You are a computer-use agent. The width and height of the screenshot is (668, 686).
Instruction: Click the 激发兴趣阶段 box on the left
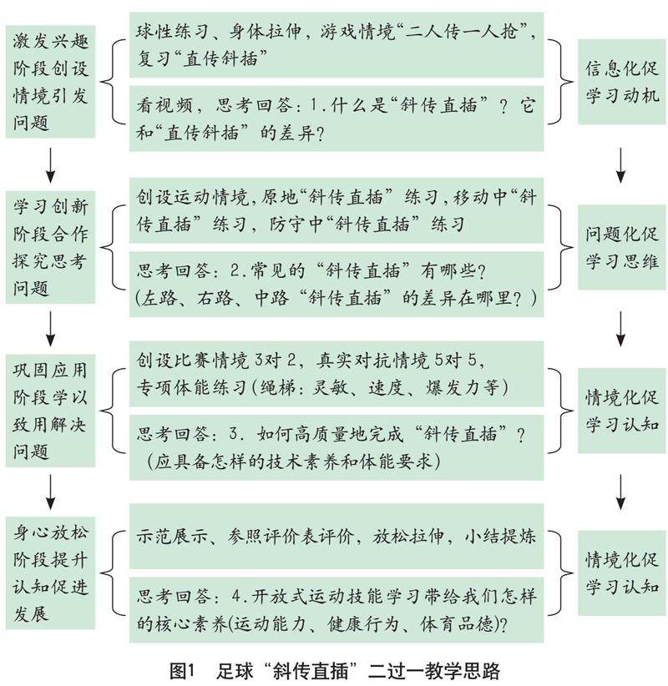point(50,79)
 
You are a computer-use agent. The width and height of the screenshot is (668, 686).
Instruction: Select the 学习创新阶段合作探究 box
point(50,246)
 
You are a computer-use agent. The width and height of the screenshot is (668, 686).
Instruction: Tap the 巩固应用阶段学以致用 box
point(50,409)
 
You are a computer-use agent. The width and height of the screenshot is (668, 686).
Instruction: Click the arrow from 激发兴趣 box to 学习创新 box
point(50,164)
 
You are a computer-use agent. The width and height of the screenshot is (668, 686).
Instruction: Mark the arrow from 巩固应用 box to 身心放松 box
point(50,489)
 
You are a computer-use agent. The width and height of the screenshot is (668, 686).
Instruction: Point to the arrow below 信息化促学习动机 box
point(621,164)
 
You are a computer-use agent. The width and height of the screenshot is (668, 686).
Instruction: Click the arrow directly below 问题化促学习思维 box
point(621,327)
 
